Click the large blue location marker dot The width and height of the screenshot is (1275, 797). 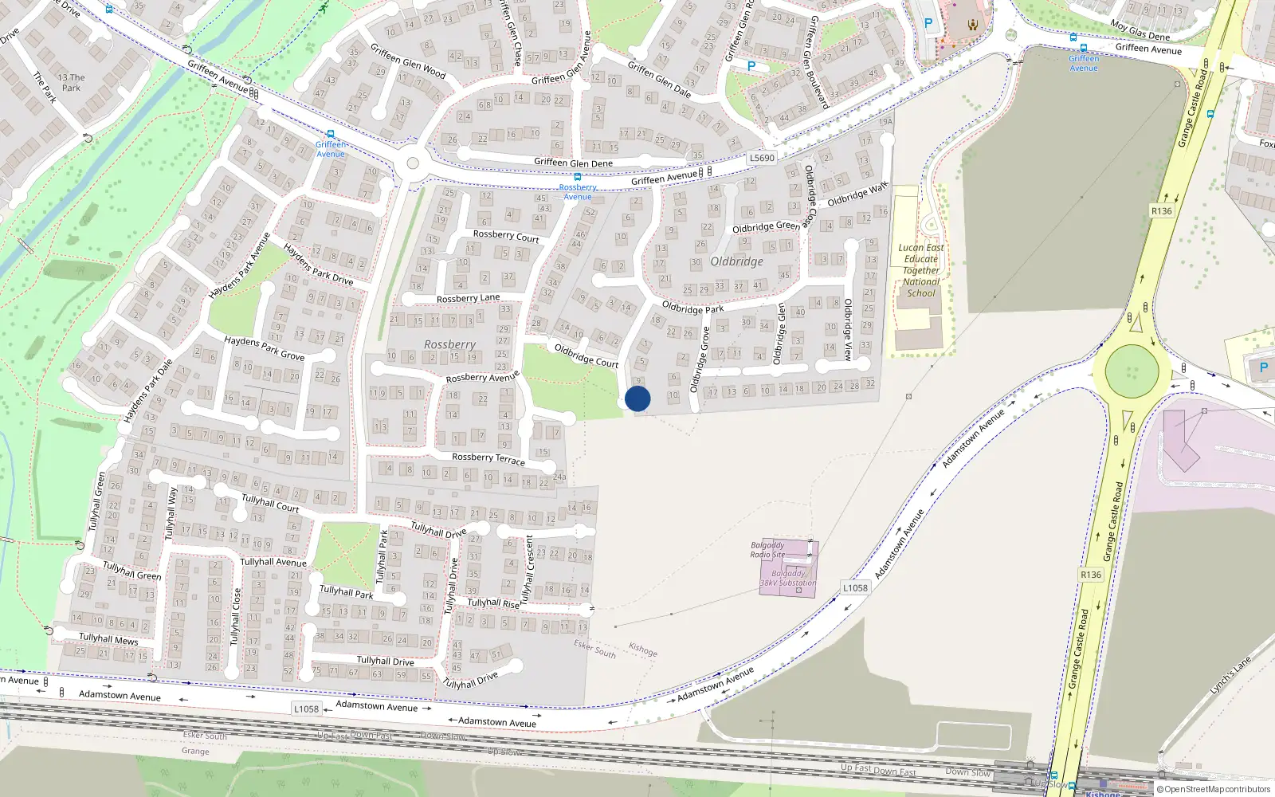click(637, 398)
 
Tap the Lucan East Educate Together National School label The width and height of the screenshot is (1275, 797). click(920, 270)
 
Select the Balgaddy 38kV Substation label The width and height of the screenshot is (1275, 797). click(787, 578)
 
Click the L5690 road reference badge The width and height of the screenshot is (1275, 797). click(762, 158)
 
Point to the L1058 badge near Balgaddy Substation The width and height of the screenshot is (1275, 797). click(855, 588)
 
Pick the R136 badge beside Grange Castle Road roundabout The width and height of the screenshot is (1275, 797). click(1161, 211)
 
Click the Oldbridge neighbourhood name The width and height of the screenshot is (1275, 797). click(736, 261)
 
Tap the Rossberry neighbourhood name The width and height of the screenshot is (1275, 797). click(449, 344)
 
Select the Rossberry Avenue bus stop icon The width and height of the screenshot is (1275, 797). click(578, 177)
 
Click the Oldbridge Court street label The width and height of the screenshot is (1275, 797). click(586, 355)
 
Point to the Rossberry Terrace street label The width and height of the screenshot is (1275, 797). click(488, 457)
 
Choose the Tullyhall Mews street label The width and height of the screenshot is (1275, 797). click(108, 638)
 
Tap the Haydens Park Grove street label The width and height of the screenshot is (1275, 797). click(264, 347)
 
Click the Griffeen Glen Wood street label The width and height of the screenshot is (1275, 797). click(408, 61)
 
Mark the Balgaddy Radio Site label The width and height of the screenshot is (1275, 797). click(767, 550)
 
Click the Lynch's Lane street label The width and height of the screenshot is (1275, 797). click(1230, 674)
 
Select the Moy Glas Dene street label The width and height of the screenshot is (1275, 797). click(1140, 29)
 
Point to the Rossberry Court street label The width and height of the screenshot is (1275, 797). click(506, 236)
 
